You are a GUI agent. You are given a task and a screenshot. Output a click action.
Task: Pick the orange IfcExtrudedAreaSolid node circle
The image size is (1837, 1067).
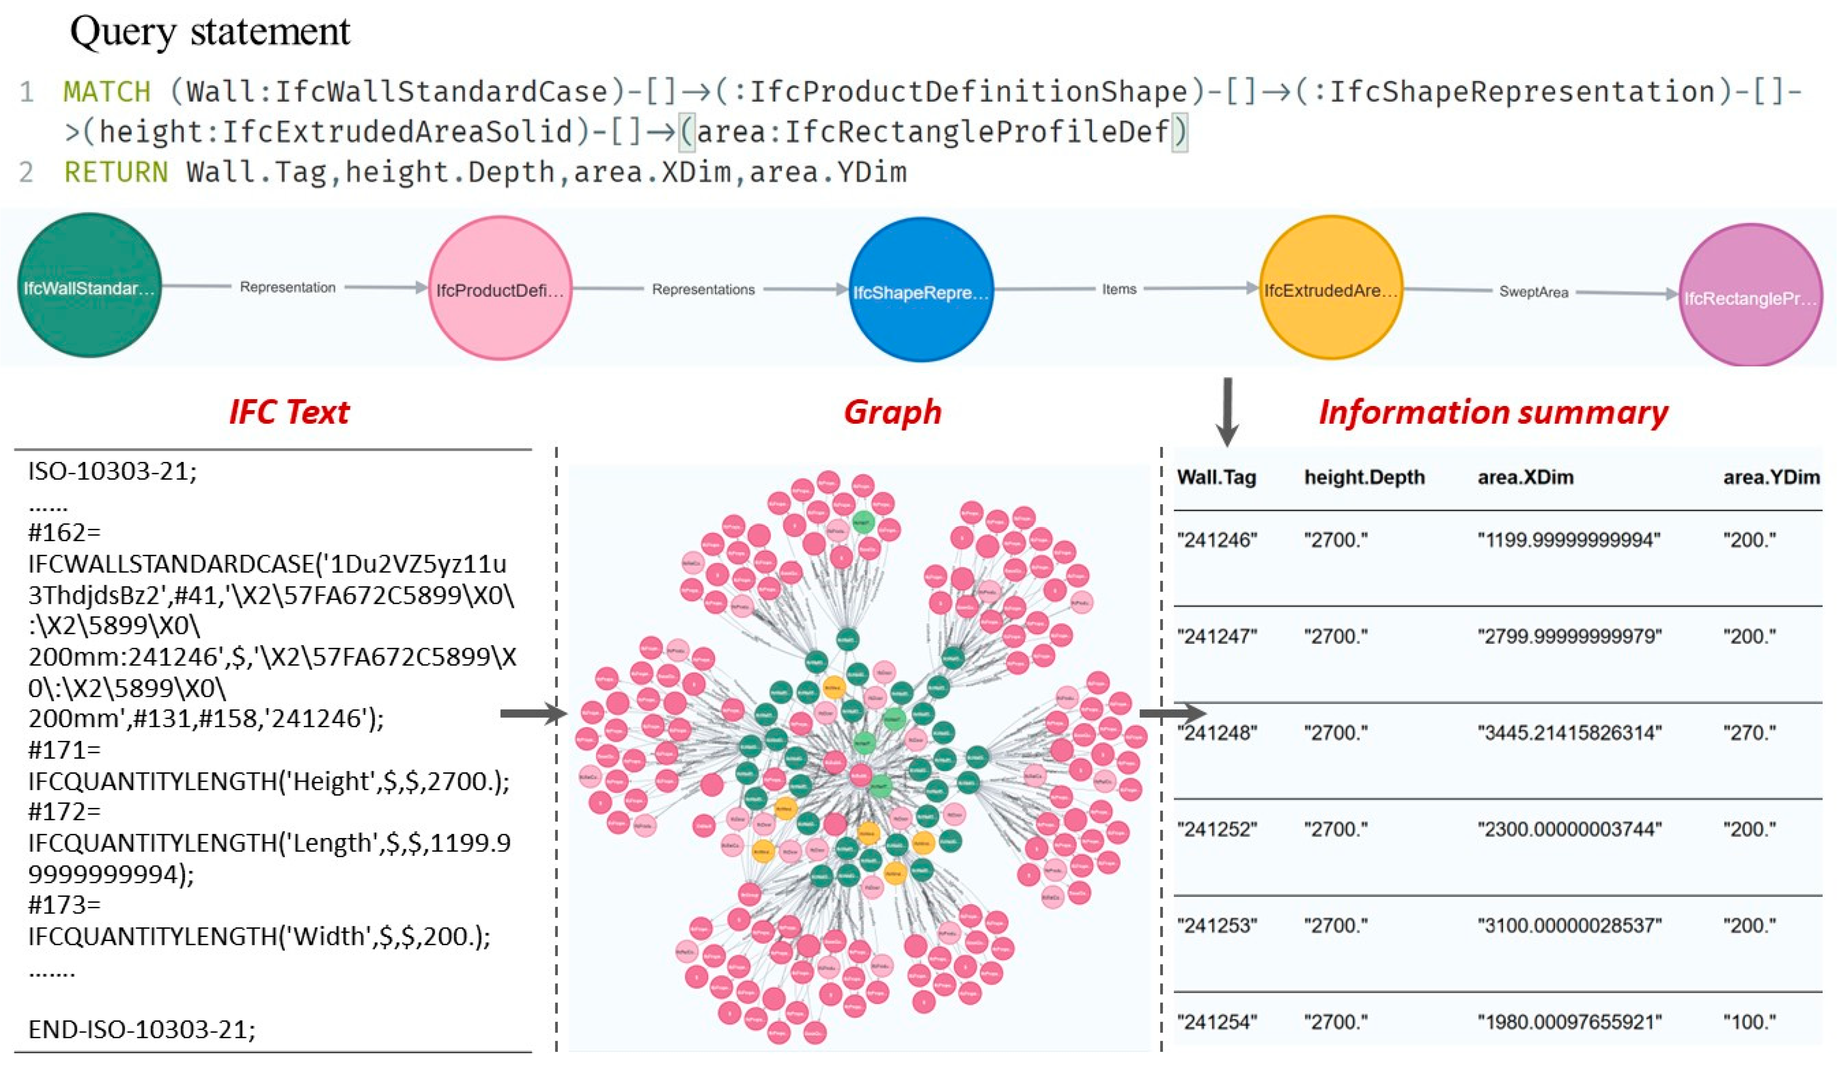pos(1331,287)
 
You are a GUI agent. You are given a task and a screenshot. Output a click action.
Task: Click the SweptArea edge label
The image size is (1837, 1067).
pos(1533,292)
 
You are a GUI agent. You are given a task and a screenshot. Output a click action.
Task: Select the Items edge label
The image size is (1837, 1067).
pos(1119,289)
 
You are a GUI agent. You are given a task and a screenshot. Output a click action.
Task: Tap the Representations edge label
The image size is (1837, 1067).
pos(703,290)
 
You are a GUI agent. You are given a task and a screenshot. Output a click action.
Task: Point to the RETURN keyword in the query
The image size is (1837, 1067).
pos(116,172)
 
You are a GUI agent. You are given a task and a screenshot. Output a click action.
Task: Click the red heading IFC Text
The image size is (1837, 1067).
pos(290,412)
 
